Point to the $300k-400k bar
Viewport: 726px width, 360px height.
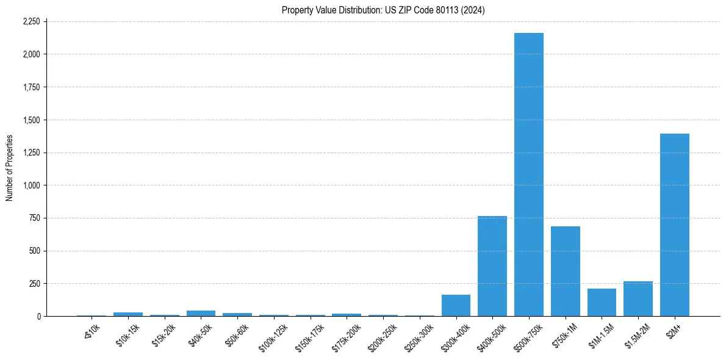pos(456,305)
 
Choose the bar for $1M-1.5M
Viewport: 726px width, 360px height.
pos(602,302)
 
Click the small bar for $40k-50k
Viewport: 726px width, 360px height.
pos(201,313)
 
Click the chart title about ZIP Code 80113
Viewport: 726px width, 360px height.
pos(383,10)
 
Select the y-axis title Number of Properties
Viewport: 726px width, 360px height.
pos(10,168)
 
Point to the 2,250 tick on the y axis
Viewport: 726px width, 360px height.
pos(31,21)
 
